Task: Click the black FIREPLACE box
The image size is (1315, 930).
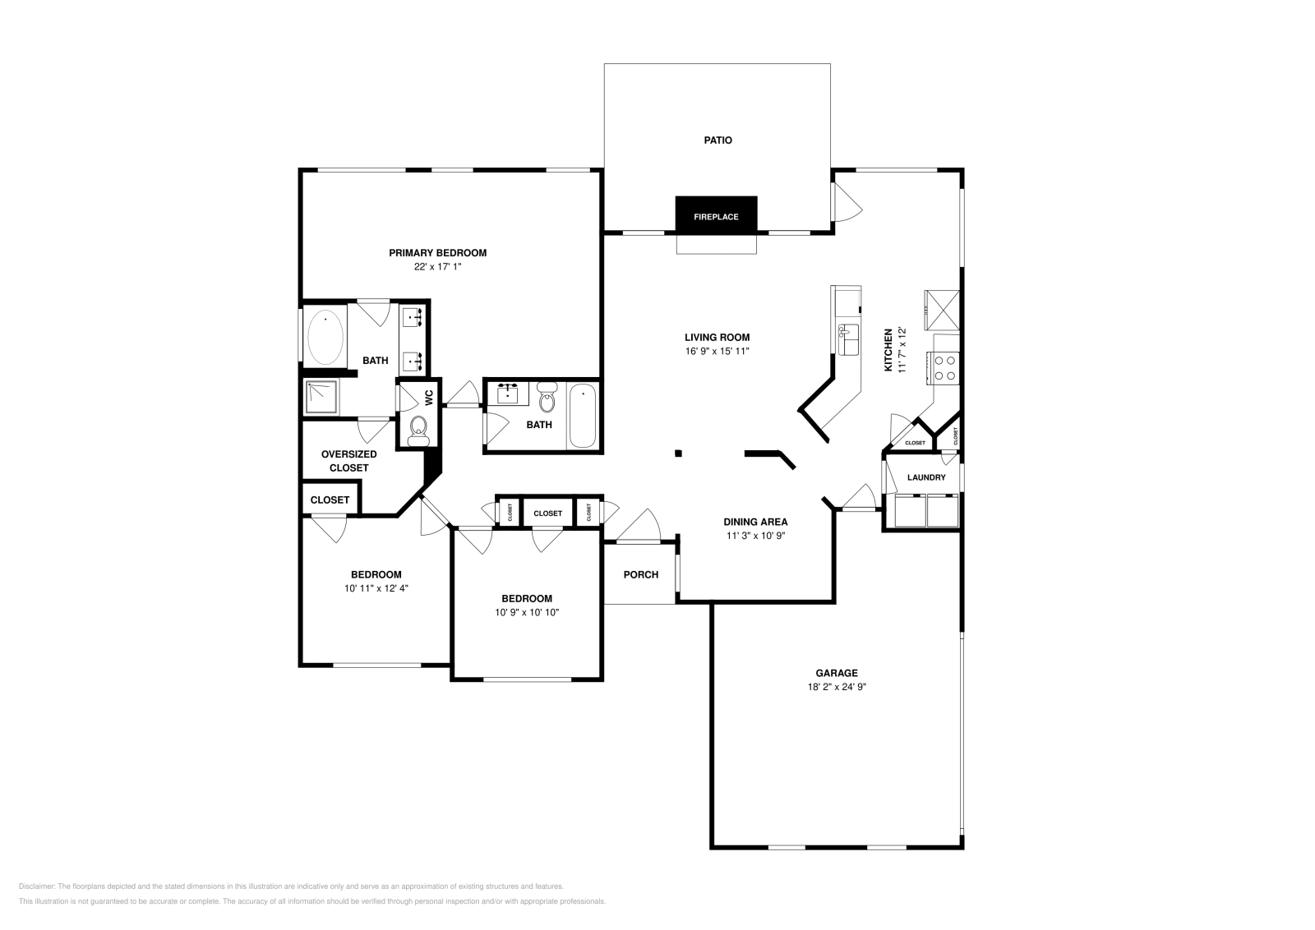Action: [x=716, y=215]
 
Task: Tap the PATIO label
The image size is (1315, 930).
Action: [x=717, y=140]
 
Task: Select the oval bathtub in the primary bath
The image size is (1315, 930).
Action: [x=325, y=337]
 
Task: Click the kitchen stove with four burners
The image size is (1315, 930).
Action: [x=944, y=366]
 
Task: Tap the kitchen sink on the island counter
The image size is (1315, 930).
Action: [x=847, y=335]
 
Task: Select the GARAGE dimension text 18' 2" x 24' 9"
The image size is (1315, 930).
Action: [x=837, y=687]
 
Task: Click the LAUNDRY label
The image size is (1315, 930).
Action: [x=926, y=477]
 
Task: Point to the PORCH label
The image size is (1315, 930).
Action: [x=640, y=574]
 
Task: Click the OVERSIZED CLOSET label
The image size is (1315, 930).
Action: [x=348, y=461]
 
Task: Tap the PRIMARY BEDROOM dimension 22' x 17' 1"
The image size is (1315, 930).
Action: [x=438, y=267]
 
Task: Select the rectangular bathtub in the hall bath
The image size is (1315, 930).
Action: [x=582, y=416]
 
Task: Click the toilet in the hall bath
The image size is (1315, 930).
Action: [x=547, y=400]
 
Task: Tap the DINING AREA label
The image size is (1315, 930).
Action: [x=755, y=522]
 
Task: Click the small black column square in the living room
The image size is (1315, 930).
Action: [x=679, y=453]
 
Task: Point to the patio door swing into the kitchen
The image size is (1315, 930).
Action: [x=847, y=202]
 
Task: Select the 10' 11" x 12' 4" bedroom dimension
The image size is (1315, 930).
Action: [x=376, y=588]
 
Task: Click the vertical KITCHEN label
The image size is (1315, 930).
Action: [x=888, y=350]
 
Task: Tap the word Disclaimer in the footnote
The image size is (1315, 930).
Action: [x=36, y=886]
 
